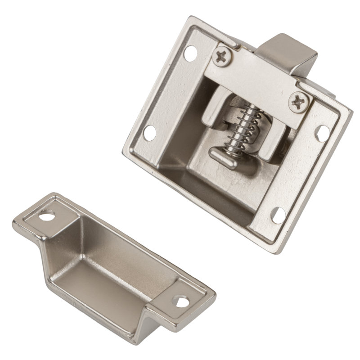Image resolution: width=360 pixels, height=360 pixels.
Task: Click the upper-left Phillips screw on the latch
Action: (222, 57)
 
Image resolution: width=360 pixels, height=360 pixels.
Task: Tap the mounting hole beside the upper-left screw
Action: (190, 53)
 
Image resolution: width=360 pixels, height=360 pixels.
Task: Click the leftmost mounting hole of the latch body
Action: (150, 132)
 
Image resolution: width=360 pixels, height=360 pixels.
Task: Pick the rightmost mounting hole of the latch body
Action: (323, 131)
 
